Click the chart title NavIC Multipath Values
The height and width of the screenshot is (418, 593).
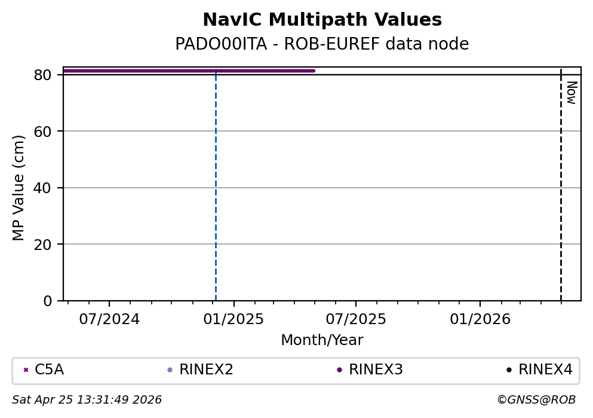pyautogui.click(x=322, y=20)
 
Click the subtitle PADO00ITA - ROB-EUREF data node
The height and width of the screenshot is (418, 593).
pyautogui.click(x=322, y=44)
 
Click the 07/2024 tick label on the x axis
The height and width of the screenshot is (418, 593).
pyautogui.click(x=109, y=319)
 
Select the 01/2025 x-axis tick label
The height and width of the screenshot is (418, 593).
pyautogui.click(x=233, y=319)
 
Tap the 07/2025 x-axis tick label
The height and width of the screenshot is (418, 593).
pyautogui.click(x=356, y=319)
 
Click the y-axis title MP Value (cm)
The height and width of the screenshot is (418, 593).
pyautogui.click(x=19, y=188)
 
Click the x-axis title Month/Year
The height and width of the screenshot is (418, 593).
pyautogui.click(x=322, y=340)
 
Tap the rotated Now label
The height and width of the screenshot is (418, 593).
pyautogui.click(x=571, y=93)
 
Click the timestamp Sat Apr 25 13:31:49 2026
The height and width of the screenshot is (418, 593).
pyautogui.click(x=87, y=399)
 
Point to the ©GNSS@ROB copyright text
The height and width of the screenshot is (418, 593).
pyautogui.click(x=536, y=399)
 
